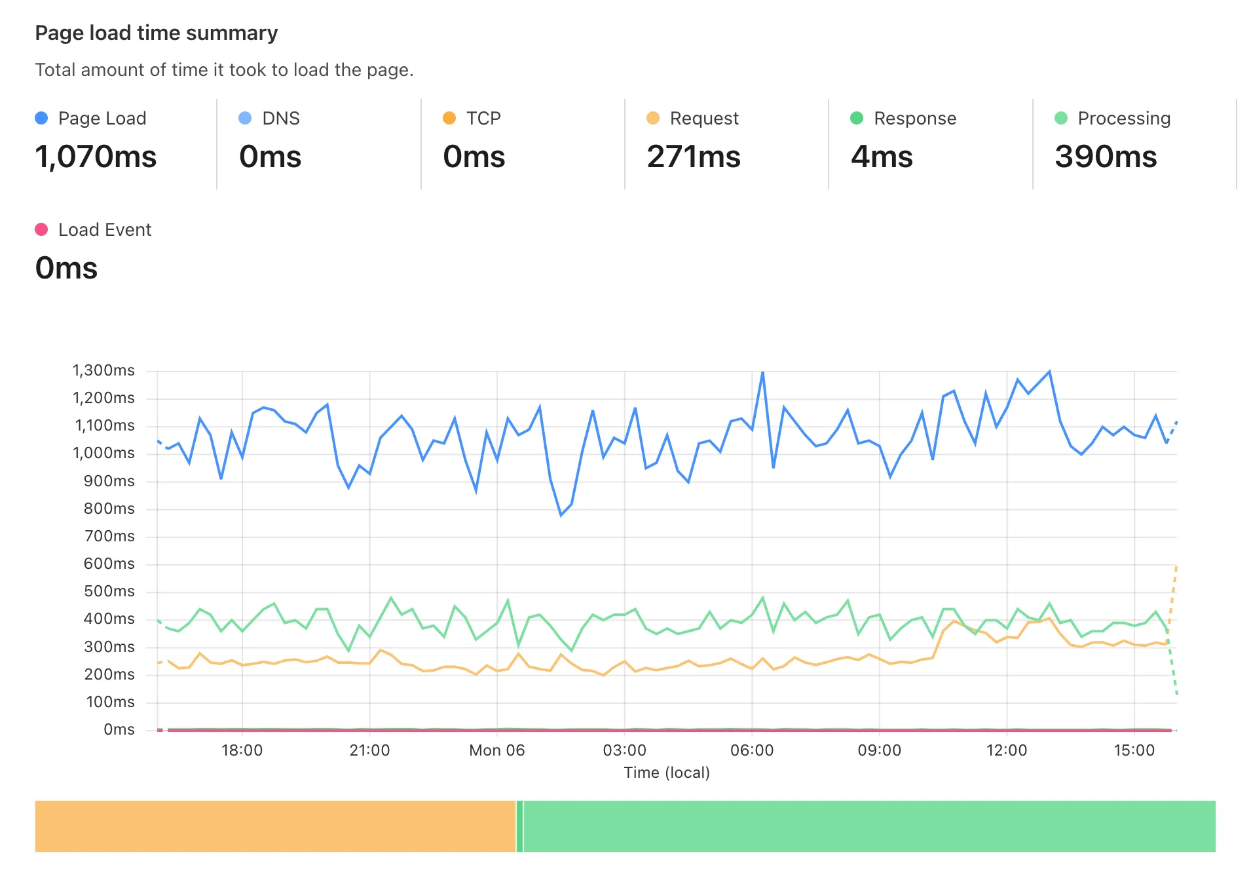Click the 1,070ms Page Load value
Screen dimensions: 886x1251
96,157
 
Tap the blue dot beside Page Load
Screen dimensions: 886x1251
41,118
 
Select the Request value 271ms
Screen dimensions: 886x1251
693,157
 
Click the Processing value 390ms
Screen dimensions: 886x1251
1105,157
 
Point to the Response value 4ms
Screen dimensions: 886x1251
881,157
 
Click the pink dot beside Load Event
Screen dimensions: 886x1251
41,229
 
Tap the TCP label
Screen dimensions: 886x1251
483,118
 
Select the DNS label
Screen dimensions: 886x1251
280,118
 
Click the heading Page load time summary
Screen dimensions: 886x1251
156,33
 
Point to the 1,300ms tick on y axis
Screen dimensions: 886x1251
103,370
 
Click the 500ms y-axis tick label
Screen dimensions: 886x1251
109,591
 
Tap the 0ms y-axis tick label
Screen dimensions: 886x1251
119,729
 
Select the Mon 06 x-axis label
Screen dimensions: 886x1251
496,750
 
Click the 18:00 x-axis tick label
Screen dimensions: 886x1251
242,750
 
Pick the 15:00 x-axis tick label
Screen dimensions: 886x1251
1134,750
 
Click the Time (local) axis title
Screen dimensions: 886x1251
666,773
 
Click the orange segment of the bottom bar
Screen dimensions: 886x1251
275,826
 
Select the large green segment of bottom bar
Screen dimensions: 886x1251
868,826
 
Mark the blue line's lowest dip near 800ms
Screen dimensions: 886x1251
561,515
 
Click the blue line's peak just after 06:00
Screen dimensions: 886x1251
762,372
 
